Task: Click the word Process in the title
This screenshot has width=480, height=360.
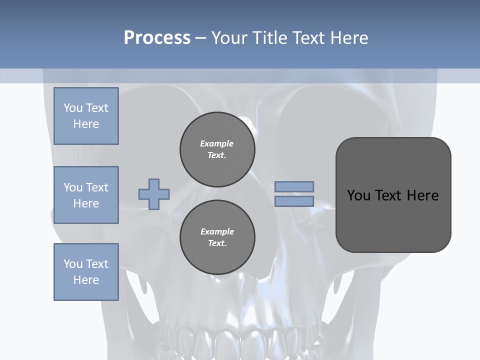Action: (157, 37)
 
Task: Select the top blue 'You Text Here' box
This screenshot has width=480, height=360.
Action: (86, 116)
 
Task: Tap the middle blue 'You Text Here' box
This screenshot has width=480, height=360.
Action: (86, 195)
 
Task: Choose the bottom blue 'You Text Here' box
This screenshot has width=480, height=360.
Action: (86, 272)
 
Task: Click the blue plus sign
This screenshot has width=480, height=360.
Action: (154, 194)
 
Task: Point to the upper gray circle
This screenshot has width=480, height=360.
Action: (217, 149)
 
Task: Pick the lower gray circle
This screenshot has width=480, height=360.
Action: (217, 237)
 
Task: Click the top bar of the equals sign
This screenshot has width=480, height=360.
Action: (294, 186)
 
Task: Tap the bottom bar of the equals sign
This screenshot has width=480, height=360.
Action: (294, 201)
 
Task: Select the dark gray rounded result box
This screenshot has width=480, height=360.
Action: (393, 195)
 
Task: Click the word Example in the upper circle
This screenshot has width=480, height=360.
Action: (216, 143)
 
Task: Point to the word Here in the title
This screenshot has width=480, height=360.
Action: (350, 37)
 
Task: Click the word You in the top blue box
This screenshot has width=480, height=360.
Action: (73, 108)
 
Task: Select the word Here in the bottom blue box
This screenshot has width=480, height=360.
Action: (86, 280)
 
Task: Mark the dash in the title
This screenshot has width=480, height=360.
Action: (200, 38)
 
